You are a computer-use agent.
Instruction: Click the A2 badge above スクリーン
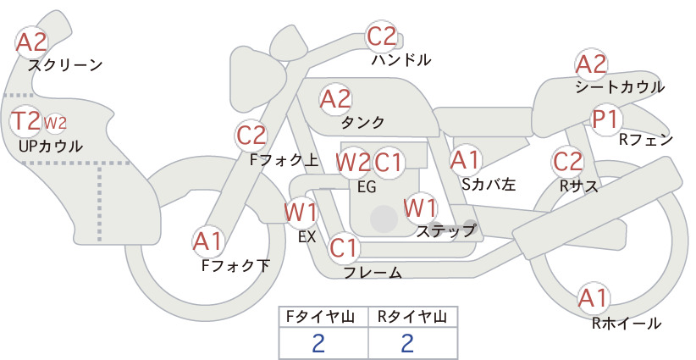31,42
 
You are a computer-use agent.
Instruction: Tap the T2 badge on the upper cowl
25,121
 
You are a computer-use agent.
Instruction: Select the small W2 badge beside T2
55,123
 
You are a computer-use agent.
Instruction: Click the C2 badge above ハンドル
382,36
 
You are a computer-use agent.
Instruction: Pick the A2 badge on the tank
335,99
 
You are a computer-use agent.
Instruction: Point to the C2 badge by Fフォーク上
251,136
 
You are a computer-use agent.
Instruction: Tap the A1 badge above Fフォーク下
207,242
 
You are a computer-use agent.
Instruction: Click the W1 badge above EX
301,212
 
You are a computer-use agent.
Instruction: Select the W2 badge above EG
353,163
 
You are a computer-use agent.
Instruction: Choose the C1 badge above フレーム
344,247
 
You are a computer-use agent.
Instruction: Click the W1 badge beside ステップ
420,208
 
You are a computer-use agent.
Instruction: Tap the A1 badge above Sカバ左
465,160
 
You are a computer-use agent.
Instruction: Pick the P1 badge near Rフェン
606,119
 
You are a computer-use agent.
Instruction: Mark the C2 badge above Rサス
567,162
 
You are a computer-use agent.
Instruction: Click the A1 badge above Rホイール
593,298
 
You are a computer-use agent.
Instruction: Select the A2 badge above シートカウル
591,64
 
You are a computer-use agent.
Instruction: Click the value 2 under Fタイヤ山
318,344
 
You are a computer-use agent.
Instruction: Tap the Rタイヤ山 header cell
412,317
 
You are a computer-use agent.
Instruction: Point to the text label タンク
362,123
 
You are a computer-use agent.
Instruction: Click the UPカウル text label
51,146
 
